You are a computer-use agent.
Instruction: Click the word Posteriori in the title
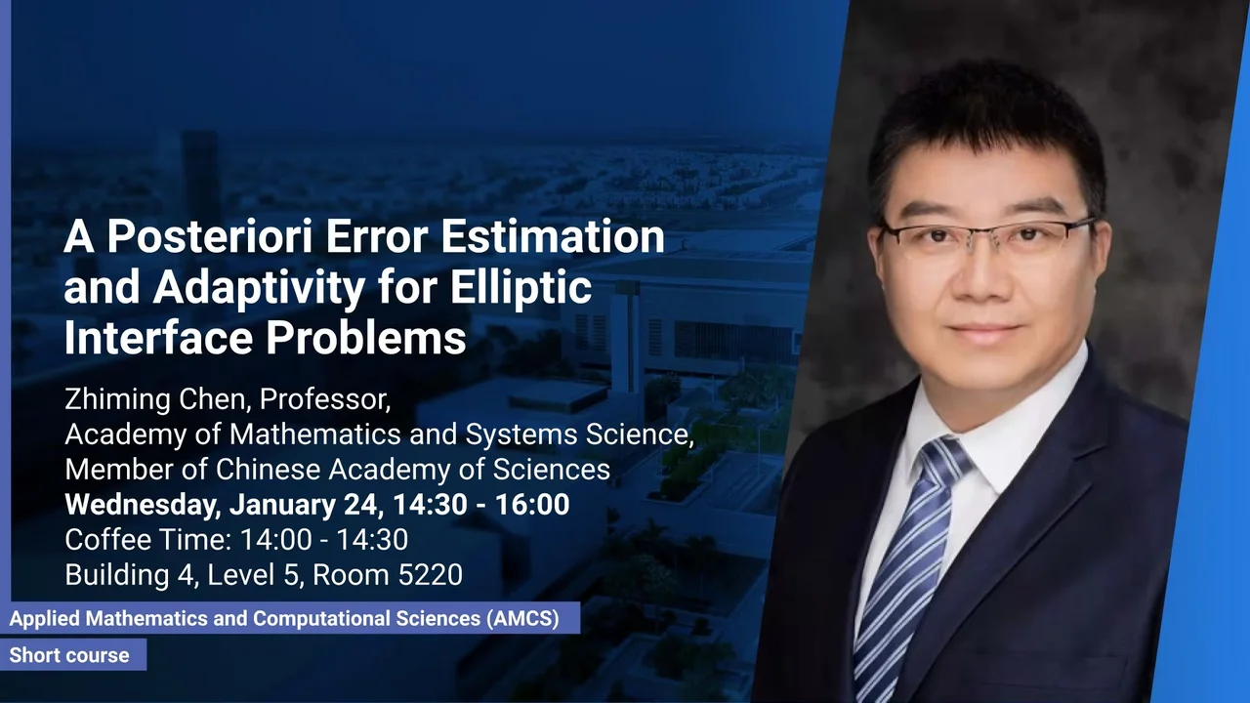click(x=209, y=236)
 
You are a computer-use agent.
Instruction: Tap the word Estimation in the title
click(x=553, y=236)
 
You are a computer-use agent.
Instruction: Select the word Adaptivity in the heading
click(x=259, y=288)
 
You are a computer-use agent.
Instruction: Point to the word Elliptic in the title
click(x=521, y=288)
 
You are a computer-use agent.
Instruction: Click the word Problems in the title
click(x=365, y=338)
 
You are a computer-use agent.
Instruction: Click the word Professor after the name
click(x=325, y=399)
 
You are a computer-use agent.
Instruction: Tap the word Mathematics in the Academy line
click(x=315, y=434)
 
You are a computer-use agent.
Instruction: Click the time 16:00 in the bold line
click(x=532, y=504)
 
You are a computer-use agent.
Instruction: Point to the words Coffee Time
click(x=147, y=540)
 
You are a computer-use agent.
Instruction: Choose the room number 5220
click(x=430, y=575)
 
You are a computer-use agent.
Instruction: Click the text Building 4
click(x=132, y=575)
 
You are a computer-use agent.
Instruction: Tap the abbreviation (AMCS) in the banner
click(x=522, y=619)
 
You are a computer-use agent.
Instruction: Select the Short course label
click(x=69, y=655)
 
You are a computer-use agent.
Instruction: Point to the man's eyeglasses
click(x=985, y=235)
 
